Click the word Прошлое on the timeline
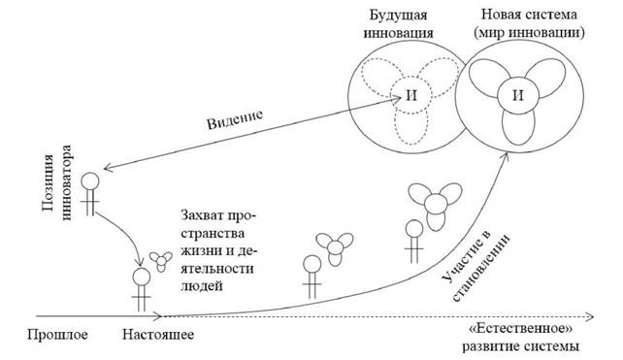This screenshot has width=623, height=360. [x=57, y=335]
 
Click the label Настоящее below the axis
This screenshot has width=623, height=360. [x=158, y=335]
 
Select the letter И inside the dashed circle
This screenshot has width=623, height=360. [x=411, y=95]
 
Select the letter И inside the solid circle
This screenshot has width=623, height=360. [x=518, y=95]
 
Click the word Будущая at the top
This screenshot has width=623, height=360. [x=399, y=16]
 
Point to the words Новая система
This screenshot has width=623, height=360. [x=529, y=15]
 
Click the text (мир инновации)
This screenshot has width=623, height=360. [x=529, y=33]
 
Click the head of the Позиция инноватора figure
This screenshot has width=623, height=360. [x=90, y=181]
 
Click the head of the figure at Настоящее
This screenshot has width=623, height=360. [x=142, y=277]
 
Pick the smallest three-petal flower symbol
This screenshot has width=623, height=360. [x=161, y=261]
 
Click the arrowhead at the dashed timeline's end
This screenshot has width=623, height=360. [x=590, y=316]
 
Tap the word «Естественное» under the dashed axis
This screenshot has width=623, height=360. [x=521, y=329]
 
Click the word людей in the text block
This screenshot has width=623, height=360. [x=202, y=285]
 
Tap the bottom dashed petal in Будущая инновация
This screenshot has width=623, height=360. [x=411, y=127]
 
